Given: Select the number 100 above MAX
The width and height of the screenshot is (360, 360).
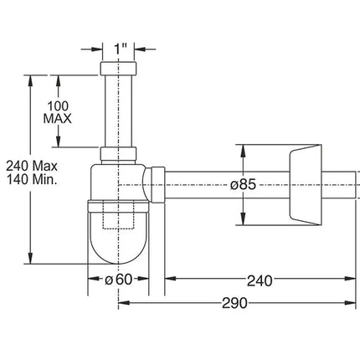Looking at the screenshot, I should pyautogui.click(x=59, y=106).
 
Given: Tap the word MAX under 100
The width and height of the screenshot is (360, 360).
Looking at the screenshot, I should pyautogui.click(x=59, y=119).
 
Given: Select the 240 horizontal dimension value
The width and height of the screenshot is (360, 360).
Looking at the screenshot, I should pyautogui.click(x=259, y=280).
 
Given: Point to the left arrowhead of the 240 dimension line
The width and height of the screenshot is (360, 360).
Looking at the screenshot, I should pyautogui.click(x=167, y=280).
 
